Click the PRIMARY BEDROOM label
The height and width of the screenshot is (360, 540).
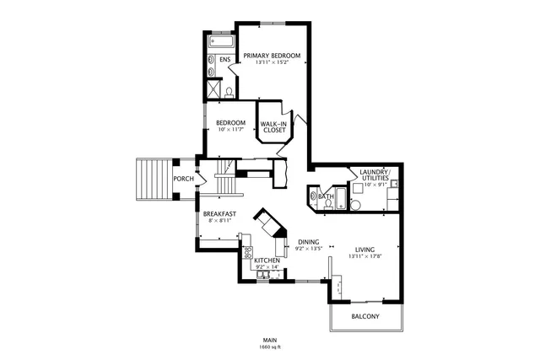(x=272, y=56)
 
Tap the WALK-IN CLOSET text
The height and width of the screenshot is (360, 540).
(x=273, y=127)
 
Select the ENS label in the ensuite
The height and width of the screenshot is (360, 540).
(x=224, y=60)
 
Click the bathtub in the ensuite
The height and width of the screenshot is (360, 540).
(x=220, y=40)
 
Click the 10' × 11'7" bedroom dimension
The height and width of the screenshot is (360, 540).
(x=229, y=130)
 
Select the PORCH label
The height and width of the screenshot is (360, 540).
(x=183, y=179)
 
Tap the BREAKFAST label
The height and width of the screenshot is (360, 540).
(x=219, y=214)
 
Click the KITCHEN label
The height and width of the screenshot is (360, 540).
(x=267, y=261)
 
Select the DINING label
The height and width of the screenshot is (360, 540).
(x=307, y=242)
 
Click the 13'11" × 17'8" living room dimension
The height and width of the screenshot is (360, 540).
(x=364, y=256)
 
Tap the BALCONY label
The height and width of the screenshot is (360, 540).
(x=364, y=316)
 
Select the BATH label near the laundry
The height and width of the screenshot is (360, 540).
(x=326, y=196)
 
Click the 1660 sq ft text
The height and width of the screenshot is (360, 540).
(x=270, y=347)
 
